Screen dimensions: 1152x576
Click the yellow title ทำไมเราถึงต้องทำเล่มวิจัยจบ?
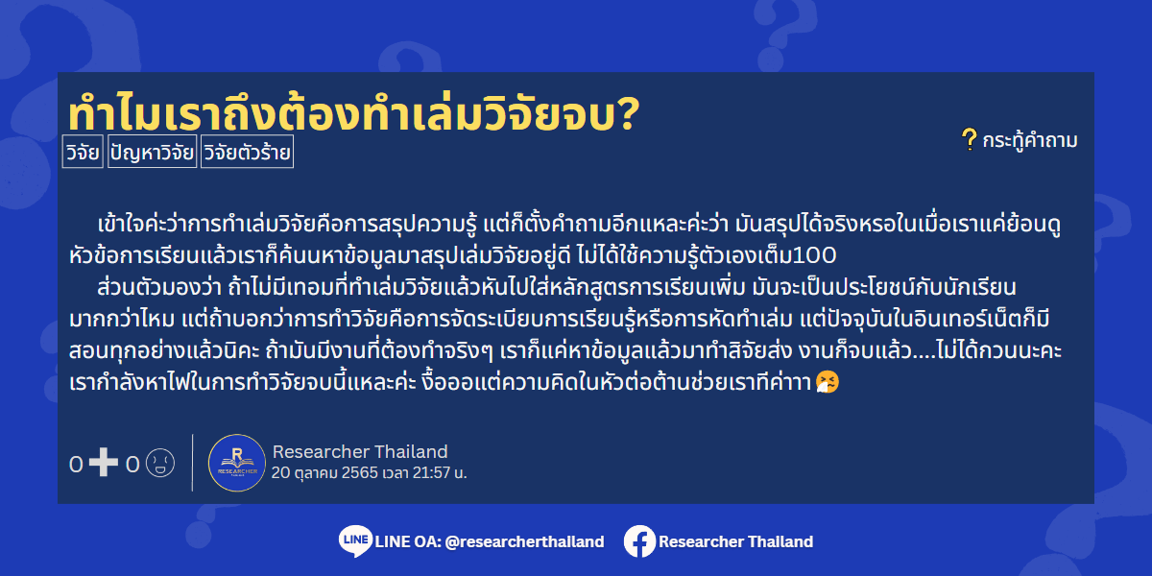[x=354, y=113]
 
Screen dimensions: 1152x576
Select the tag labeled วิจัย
[x=83, y=152]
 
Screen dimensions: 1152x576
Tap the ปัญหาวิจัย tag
[x=153, y=152]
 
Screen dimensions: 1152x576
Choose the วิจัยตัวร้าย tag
[x=247, y=152]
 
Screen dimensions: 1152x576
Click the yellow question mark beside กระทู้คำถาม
[x=969, y=139]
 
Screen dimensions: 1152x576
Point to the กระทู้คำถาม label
[x=1029, y=140]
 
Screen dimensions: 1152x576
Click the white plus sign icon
[x=104, y=463]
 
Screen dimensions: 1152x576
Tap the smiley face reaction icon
[x=160, y=463]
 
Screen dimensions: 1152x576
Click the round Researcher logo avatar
[x=236, y=463]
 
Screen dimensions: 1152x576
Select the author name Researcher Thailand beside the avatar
[x=360, y=451]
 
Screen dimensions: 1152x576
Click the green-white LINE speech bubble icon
[x=355, y=541]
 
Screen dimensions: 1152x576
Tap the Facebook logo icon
[x=639, y=541]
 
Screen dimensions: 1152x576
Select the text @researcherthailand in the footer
[x=524, y=541]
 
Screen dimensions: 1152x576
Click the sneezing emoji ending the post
[x=828, y=383]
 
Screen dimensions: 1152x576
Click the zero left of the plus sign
[x=76, y=465]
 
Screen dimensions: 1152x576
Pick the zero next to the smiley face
[x=132, y=465]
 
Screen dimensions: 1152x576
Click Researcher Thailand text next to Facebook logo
[x=736, y=541]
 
